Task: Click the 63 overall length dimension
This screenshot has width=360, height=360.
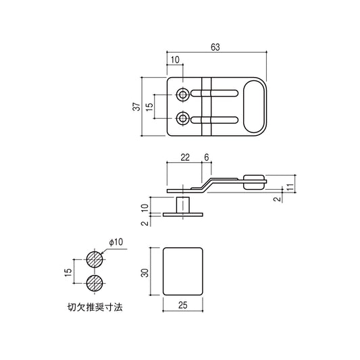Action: pyautogui.click(x=215, y=47)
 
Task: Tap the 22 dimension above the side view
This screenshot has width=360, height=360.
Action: pyautogui.click(x=184, y=157)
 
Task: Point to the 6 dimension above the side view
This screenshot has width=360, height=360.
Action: pyautogui.click(x=207, y=157)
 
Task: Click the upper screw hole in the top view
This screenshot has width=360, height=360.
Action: pyautogui.click(x=183, y=94)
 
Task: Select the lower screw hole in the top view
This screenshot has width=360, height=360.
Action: pyautogui.click(x=183, y=120)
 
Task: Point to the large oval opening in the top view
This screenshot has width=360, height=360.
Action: pyautogui.click(x=253, y=107)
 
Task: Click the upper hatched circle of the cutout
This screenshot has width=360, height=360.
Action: pyautogui.click(x=95, y=259)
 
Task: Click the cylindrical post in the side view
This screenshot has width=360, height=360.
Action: pyautogui.click(x=183, y=203)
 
